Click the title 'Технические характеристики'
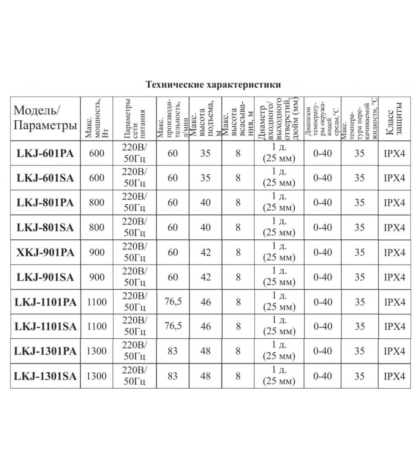click(x=213, y=85)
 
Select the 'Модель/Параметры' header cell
click(x=45, y=118)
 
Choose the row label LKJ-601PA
click(x=45, y=153)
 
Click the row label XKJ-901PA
click(x=45, y=252)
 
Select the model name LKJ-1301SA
click(x=45, y=376)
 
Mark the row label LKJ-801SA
click(x=45, y=228)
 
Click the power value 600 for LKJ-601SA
click(x=97, y=178)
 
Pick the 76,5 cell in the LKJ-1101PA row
click(x=173, y=302)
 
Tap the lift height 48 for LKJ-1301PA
click(x=205, y=351)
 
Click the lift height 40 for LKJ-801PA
click(x=205, y=203)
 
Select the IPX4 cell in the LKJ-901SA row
click(x=394, y=277)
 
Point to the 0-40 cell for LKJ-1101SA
click(x=323, y=326)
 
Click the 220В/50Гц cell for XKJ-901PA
click(x=135, y=252)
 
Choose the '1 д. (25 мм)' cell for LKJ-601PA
click(x=279, y=153)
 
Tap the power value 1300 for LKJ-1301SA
click(x=97, y=376)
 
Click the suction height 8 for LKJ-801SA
click(x=238, y=228)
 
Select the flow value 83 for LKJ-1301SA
click(x=173, y=376)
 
